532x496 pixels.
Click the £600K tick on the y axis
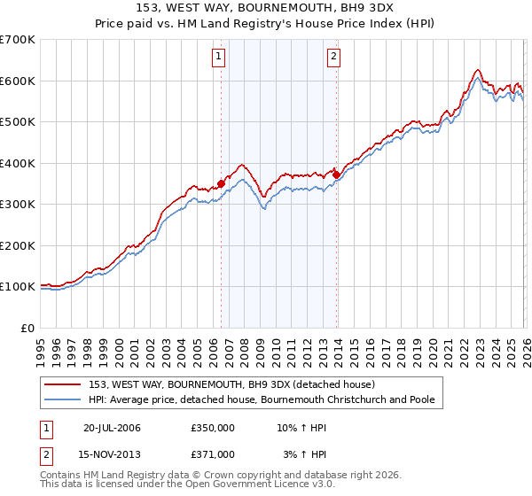click(x=18, y=81)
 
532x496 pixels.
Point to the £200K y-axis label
click(x=18, y=245)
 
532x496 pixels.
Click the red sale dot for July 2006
click(x=221, y=184)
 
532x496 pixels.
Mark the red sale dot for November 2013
click(x=336, y=175)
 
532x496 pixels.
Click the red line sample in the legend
click(x=64, y=384)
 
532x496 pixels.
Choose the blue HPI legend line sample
click(x=64, y=400)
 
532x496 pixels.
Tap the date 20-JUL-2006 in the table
click(x=112, y=429)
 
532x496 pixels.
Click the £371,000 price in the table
click(x=213, y=453)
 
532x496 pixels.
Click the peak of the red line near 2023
click(x=477, y=70)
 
